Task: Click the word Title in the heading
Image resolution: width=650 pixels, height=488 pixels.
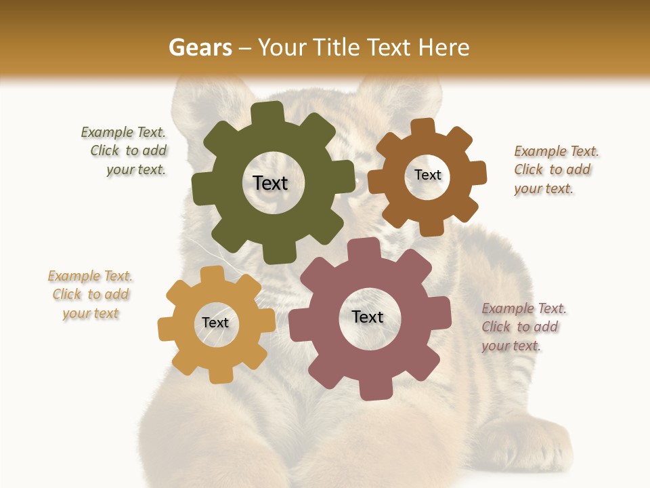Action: click(334, 47)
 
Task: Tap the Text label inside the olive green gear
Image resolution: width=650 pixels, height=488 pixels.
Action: click(271, 183)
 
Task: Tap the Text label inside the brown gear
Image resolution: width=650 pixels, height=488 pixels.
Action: click(428, 175)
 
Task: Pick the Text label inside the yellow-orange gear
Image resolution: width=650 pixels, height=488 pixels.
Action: click(215, 323)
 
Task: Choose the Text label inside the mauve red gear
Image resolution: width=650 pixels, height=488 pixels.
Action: click(368, 317)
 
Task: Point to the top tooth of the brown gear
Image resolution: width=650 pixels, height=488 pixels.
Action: click(422, 127)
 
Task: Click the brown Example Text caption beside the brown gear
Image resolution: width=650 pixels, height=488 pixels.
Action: click(555, 169)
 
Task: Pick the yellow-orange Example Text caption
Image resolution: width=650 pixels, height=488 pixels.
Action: click(91, 295)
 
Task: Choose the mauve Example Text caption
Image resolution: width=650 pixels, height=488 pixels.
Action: click(523, 327)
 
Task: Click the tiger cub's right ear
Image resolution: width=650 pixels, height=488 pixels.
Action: click(399, 95)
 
